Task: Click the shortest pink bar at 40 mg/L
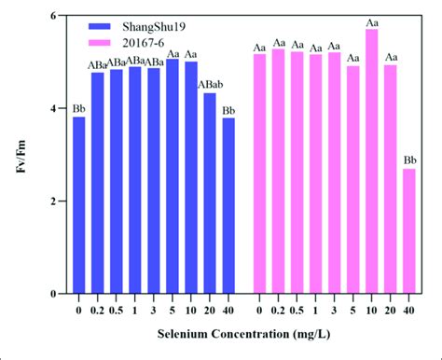point(409,230)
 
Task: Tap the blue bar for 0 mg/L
point(79,205)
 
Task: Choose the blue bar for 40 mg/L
point(228,205)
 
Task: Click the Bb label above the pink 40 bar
point(409,160)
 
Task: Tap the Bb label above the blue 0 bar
point(79,108)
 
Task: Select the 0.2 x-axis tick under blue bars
point(98,307)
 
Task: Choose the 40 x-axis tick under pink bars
point(409,307)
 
